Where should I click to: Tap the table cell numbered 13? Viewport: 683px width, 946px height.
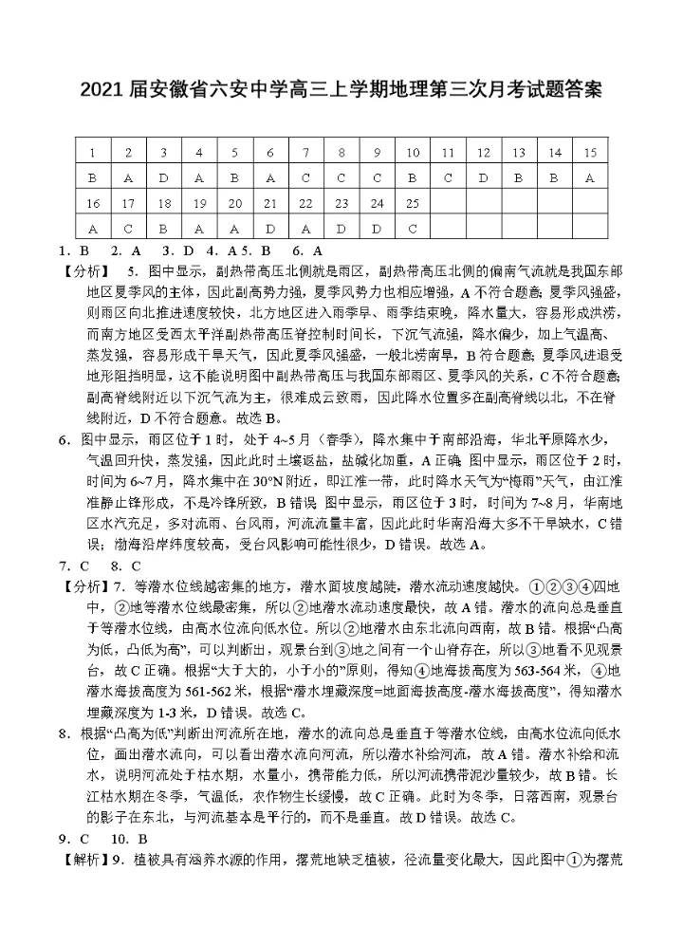pyautogui.click(x=519, y=153)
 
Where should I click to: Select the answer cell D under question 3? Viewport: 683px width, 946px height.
pyautogui.click(x=163, y=178)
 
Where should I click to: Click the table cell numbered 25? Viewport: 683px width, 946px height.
pyautogui.click(x=412, y=204)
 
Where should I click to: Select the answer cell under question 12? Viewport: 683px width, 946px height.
pyautogui.click(x=483, y=178)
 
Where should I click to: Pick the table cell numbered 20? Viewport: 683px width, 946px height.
pyautogui.click(x=234, y=204)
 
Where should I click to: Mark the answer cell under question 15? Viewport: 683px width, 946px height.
pyautogui.click(x=590, y=178)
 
